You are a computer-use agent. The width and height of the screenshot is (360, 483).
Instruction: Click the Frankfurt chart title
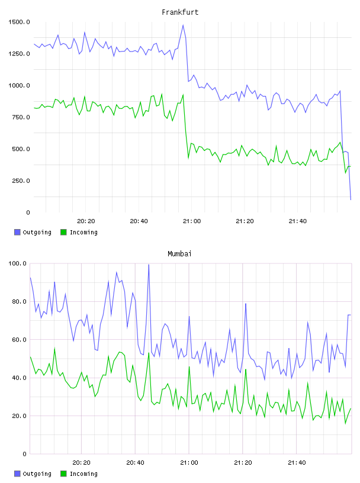180,12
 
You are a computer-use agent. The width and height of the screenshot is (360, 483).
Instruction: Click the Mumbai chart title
179,254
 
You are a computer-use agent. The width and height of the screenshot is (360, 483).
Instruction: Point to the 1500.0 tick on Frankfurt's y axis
20,22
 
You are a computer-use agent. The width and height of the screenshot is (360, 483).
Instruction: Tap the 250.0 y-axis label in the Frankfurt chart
21,181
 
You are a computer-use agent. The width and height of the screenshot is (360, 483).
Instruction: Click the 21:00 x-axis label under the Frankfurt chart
192,221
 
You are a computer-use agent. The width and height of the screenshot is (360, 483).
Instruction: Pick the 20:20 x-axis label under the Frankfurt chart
86,221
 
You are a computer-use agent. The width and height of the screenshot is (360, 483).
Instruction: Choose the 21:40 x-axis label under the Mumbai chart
297,462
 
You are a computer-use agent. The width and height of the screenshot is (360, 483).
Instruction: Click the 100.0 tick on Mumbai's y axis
18,263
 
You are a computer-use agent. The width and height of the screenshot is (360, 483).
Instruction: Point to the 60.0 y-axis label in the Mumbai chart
19,339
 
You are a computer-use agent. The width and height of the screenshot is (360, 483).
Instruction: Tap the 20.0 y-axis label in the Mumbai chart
19,416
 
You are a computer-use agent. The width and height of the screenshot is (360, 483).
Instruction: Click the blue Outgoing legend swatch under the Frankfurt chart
17,232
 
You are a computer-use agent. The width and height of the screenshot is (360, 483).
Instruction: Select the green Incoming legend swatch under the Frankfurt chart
63,232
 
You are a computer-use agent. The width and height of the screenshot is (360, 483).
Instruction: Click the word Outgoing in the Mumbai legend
37,474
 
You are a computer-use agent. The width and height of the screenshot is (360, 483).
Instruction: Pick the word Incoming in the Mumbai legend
83,474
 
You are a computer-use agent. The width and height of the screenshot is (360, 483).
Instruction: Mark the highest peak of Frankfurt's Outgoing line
183,25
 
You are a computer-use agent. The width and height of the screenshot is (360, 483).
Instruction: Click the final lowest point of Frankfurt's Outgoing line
351,199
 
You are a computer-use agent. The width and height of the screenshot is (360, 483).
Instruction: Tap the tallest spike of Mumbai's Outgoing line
149,265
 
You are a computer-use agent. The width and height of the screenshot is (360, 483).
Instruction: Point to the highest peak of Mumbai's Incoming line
54,348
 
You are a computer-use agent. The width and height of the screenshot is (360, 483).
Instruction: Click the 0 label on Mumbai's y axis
25,454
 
